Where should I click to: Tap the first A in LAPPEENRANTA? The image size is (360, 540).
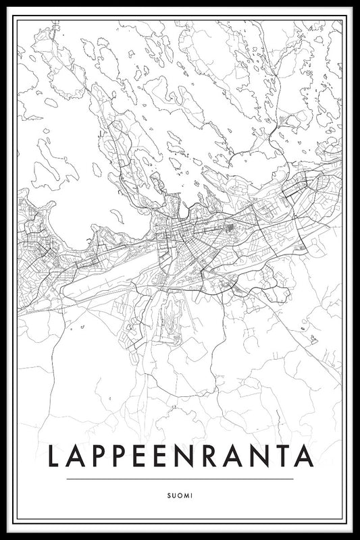(76, 456)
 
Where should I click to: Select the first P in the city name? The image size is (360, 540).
(99, 456)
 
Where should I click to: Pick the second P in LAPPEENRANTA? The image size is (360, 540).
(121, 456)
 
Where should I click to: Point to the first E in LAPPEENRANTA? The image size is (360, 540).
(143, 456)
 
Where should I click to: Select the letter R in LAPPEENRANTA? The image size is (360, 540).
(212, 456)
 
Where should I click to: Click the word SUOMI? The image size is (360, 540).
(180, 495)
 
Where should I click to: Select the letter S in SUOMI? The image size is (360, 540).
(170, 495)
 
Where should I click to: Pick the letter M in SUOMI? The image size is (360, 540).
(186, 495)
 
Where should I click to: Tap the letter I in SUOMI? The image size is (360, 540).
(191, 495)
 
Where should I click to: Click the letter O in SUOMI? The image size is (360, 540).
(180, 495)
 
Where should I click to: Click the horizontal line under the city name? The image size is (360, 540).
(180, 479)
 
